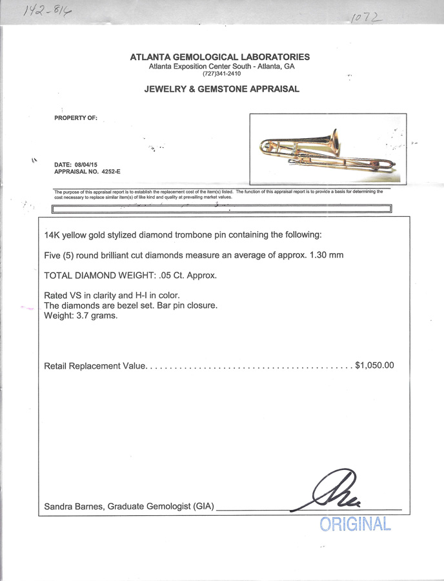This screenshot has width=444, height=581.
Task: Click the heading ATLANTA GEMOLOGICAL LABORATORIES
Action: (x=219, y=57)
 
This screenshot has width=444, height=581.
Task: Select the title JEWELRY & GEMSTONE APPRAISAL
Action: (x=221, y=89)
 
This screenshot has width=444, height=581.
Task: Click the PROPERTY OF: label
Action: (x=76, y=117)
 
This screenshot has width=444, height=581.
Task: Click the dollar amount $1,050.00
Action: (x=374, y=365)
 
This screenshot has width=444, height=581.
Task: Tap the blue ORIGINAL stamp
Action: (x=356, y=524)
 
